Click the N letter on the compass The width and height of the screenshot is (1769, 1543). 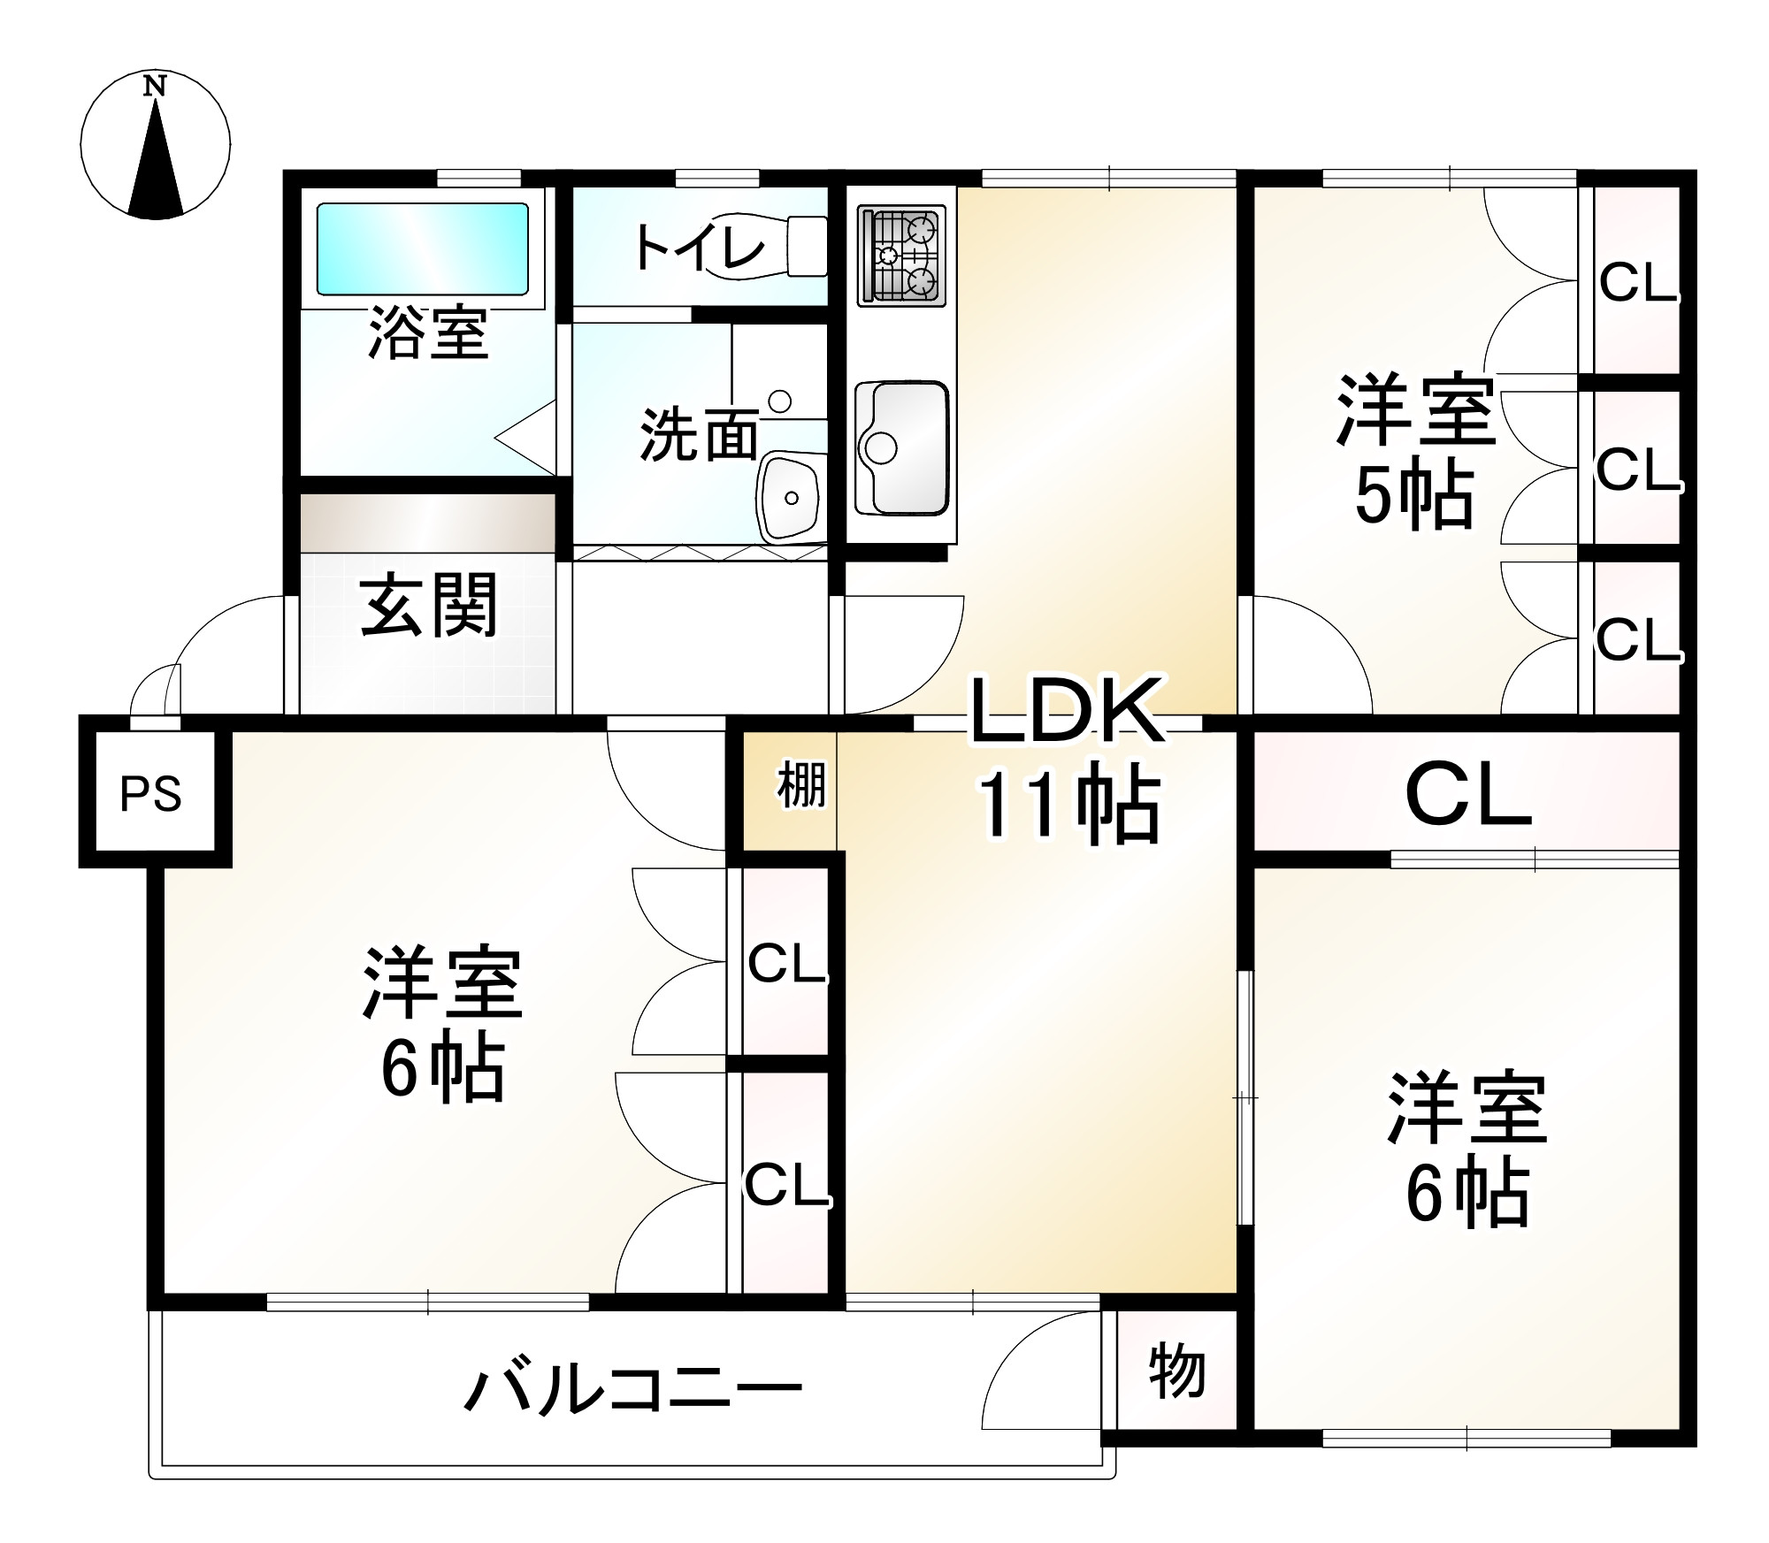click(156, 86)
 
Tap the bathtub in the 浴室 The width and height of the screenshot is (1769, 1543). click(422, 248)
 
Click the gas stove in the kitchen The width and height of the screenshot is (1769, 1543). click(901, 256)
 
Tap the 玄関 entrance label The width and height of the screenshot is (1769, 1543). click(429, 606)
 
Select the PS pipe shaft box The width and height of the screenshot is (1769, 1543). click(151, 793)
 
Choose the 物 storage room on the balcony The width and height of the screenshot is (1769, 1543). click(1177, 1373)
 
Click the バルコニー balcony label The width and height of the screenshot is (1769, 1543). click(633, 1389)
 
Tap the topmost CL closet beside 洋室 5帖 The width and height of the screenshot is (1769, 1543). click(1637, 283)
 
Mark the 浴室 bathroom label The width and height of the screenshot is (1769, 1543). click(428, 333)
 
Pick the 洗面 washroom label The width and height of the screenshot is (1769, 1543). click(699, 435)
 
